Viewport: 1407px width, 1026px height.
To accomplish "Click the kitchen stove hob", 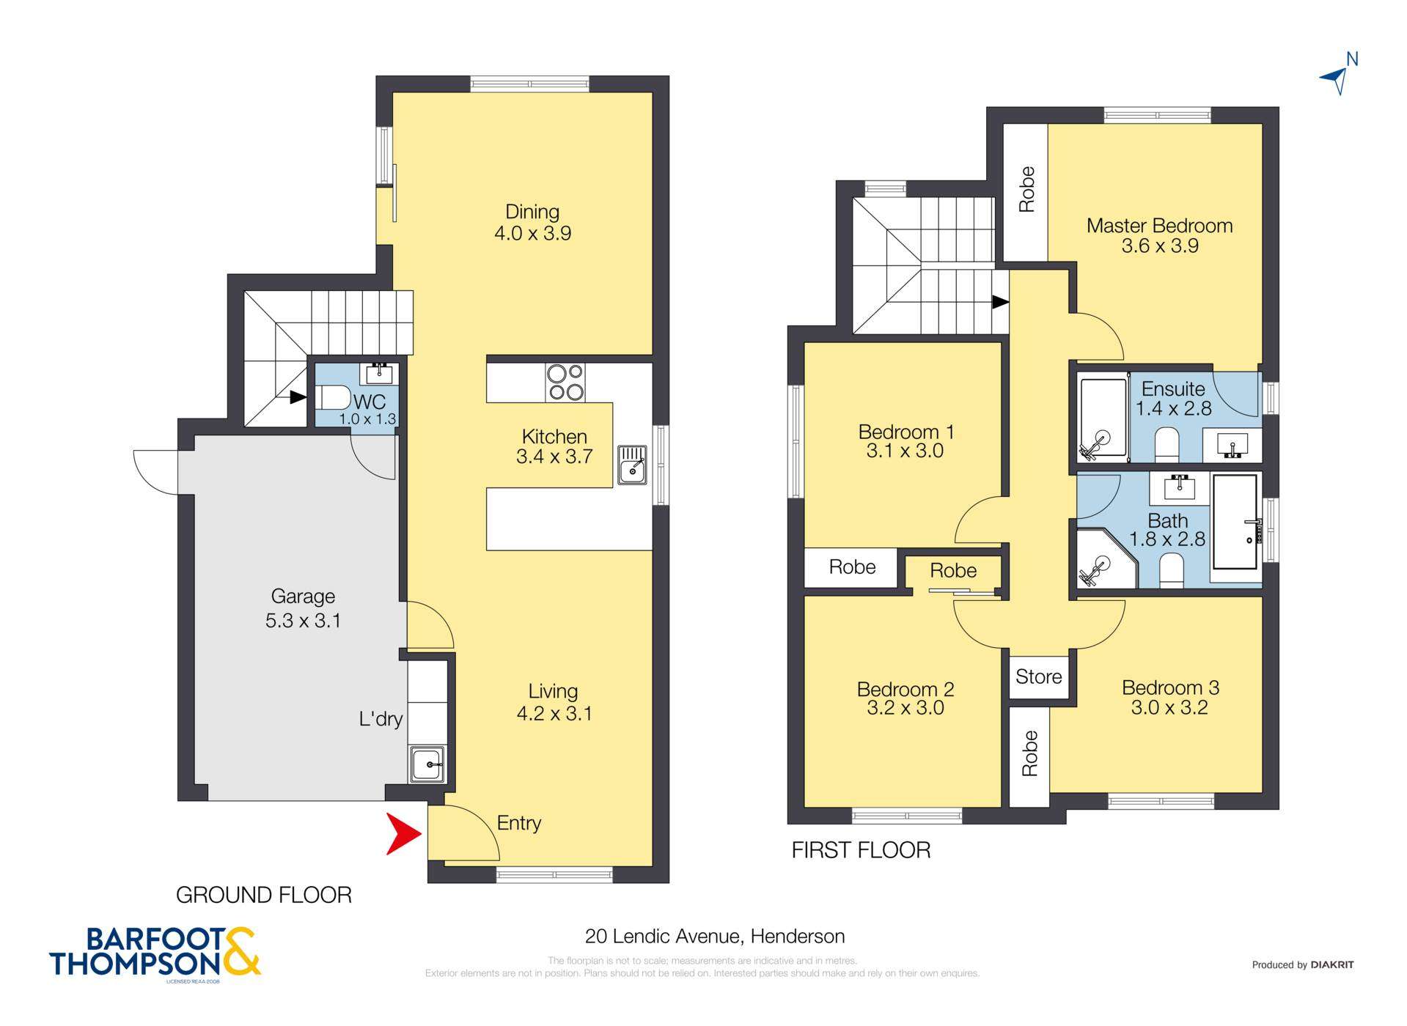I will click(x=565, y=382).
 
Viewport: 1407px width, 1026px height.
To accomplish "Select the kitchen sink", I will click(x=631, y=465).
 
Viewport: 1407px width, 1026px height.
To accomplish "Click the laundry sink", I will click(x=427, y=764).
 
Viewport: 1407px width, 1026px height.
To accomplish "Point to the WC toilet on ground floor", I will click(x=334, y=398).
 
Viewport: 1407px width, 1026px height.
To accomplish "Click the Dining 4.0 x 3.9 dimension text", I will click(x=532, y=234).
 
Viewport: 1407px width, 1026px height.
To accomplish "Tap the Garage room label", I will click(x=303, y=597).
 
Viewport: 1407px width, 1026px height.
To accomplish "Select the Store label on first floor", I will click(x=1038, y=676).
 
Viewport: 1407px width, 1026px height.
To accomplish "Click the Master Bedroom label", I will click(x=1159, y=226).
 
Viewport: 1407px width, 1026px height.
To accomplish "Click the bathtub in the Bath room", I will click(x=1236, y=522).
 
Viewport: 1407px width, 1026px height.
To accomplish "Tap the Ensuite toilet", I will click(x=1166, y=445).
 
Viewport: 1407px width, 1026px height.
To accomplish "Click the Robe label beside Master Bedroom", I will click(x=1026, y=190).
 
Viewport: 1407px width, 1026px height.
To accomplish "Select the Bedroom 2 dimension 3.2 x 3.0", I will click(x=905, y=708).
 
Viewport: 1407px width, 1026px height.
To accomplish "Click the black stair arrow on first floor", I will click(x=999, y=302).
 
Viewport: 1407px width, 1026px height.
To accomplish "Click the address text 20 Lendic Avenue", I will click(x=714, y=936).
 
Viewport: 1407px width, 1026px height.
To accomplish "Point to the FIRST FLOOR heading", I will click(x=861, y=850).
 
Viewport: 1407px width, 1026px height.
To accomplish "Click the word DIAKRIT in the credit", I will click(x=1331, y=964).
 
